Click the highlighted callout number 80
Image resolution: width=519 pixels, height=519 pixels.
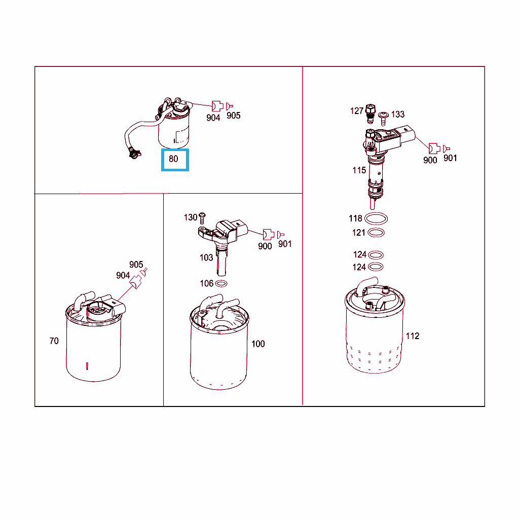click(173, 159)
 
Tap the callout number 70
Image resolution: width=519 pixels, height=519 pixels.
click(54, 341)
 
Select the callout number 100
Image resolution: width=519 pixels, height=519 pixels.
click(258, 344)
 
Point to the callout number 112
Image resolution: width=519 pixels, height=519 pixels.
click(413, 336)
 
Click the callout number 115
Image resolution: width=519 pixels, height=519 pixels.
click(359, 170)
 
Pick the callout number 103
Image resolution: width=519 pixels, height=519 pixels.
click(206, 257)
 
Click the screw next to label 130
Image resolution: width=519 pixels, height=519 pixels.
click(202, 218)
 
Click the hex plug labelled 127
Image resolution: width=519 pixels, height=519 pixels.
click(370, 113)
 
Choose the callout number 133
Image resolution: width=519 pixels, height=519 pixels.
click(398, 114)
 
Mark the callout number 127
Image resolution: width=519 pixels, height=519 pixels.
click(357, 111)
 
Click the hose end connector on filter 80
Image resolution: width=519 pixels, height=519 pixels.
click(134, 154)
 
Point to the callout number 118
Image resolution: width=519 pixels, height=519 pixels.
click(355, 218)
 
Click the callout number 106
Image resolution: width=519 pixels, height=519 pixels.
click(207, 283)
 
